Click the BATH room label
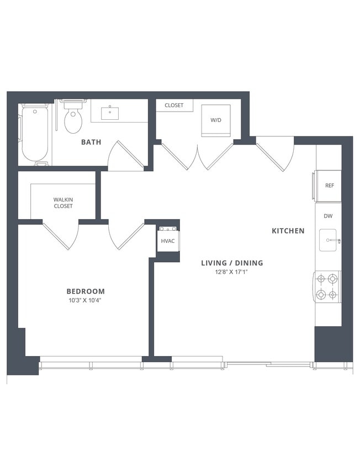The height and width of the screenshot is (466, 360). pyautogui.click(x=91, y=142)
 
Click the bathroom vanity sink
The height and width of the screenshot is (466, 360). pyautogui.click(x=110, y=113)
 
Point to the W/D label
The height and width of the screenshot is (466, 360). pyautogui.click(x=216, y=120)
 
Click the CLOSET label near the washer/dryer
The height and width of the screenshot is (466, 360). pyautogui.click(x=174, y=105)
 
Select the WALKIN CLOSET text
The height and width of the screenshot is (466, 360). pyautogui.click(x=63, y=203)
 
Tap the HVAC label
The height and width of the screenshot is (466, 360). pyautogui.click(x=168, y=241)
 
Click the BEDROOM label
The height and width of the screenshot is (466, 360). pyautogui.click(x=86, y=291)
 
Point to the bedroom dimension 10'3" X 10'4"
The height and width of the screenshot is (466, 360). pyautogui.click(x=86, y=300)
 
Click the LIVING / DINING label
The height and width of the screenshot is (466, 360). pyautogui.click(x=232, y=263)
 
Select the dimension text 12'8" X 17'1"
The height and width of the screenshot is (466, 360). pyautogui.click(x=232, y=272)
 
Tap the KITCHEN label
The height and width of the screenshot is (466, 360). pyautogui.click(x=288, y=231)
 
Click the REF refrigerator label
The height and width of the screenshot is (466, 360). pyautogui.click(x=330, y=186)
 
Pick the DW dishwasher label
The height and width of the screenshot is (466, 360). pyautogui.click(x=329, y=217)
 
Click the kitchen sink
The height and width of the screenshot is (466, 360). pyautogui.click(x=330, y=241)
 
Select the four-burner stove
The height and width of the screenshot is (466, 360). pyautogui.click(x=327, y=287)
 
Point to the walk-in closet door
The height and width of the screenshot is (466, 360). pyautogui.click(x=60, y=235)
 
